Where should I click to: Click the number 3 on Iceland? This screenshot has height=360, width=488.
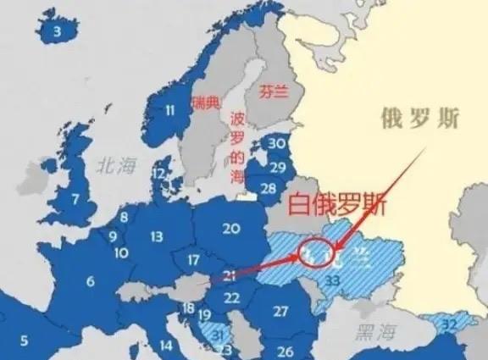point(58,32)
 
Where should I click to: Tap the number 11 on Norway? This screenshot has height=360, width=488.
point(170,109)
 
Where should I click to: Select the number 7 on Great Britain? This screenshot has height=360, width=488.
point(76,200)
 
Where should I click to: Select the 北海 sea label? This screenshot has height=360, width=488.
point(117,165)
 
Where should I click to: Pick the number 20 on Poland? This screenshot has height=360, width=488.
point(231,228)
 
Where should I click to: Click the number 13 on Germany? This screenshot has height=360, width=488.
point(157,237)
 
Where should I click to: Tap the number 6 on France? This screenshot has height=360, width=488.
point(90,280)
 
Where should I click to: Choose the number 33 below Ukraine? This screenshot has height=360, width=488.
point(333,281)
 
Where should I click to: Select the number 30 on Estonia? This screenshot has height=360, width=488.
point(277,144)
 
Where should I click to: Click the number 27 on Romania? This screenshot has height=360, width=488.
point(281,311)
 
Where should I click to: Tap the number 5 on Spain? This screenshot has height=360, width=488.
point(25,341)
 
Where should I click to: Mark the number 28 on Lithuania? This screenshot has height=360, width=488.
point(269,188)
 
